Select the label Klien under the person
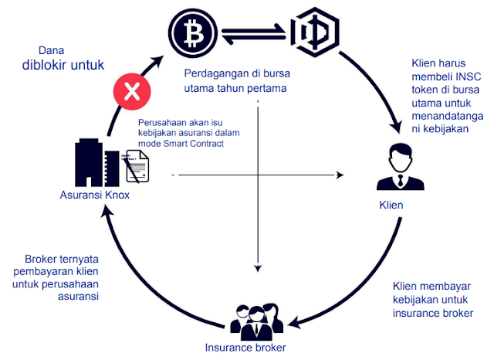point(392,207)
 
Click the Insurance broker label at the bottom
point(245,348)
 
